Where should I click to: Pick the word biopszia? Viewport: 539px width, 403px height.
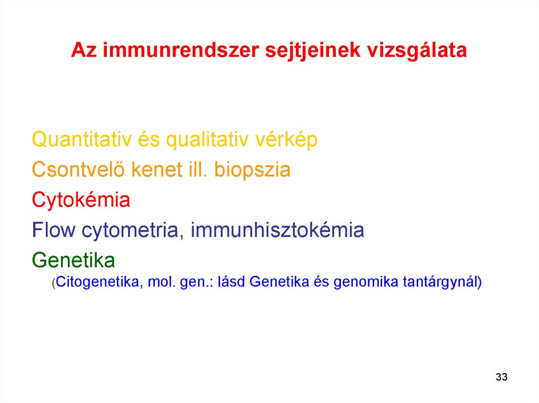point(252,170)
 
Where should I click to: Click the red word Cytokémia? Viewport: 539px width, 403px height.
point(81,200)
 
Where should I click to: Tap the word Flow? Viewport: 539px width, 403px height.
point(53,230)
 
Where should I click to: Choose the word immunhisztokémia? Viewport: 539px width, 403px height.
point(277,230)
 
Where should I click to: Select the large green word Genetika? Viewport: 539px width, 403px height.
point(73,260)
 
